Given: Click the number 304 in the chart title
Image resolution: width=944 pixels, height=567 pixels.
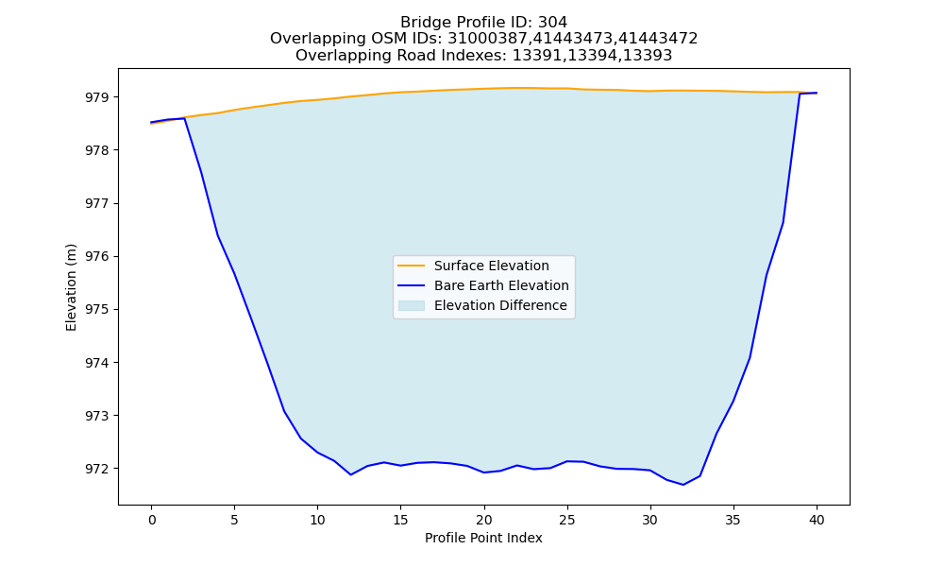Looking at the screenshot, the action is (x=552, y=23).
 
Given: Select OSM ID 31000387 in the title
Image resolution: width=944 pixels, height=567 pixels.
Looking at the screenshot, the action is (x=489, y=39).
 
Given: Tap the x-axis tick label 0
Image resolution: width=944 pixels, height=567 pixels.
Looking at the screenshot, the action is (x=152, y=520).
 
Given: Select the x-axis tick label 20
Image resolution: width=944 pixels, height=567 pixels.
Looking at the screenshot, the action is (x=484, y=520).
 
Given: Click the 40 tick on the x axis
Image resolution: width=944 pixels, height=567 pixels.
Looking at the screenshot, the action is (x=817, y=520).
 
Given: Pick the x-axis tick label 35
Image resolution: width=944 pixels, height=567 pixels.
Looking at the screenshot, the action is (x=733, y=520).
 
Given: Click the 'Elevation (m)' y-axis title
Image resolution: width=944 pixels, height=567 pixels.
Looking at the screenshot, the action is (x=71, y=287).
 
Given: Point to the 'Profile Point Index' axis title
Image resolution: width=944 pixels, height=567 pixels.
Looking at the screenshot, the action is (x=483, y=538).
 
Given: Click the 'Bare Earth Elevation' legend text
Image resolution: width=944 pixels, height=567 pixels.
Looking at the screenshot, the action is (x=501, y=285).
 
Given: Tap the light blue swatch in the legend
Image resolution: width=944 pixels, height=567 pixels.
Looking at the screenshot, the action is (x=412, y=305).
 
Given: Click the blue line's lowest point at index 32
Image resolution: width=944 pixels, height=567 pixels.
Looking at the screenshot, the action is (x=683, y=485).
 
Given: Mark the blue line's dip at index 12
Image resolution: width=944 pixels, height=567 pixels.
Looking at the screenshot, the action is (x=351, y=474).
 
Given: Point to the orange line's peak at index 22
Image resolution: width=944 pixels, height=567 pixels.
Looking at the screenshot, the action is (x=517, y=88).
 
